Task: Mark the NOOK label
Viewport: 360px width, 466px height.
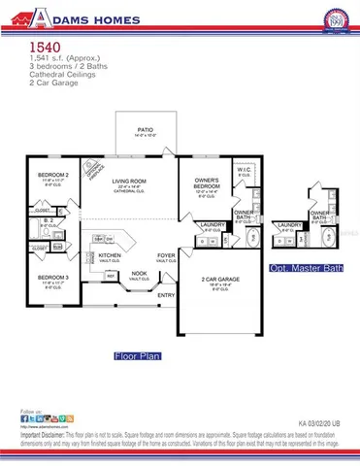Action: pos(141,273)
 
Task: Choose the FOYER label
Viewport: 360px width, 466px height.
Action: pos(167,256)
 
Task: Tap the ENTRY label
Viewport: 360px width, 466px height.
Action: pos(166,295)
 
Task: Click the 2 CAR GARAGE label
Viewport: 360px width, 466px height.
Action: pos(220,280)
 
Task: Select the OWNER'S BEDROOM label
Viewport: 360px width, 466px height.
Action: pos(207,183)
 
